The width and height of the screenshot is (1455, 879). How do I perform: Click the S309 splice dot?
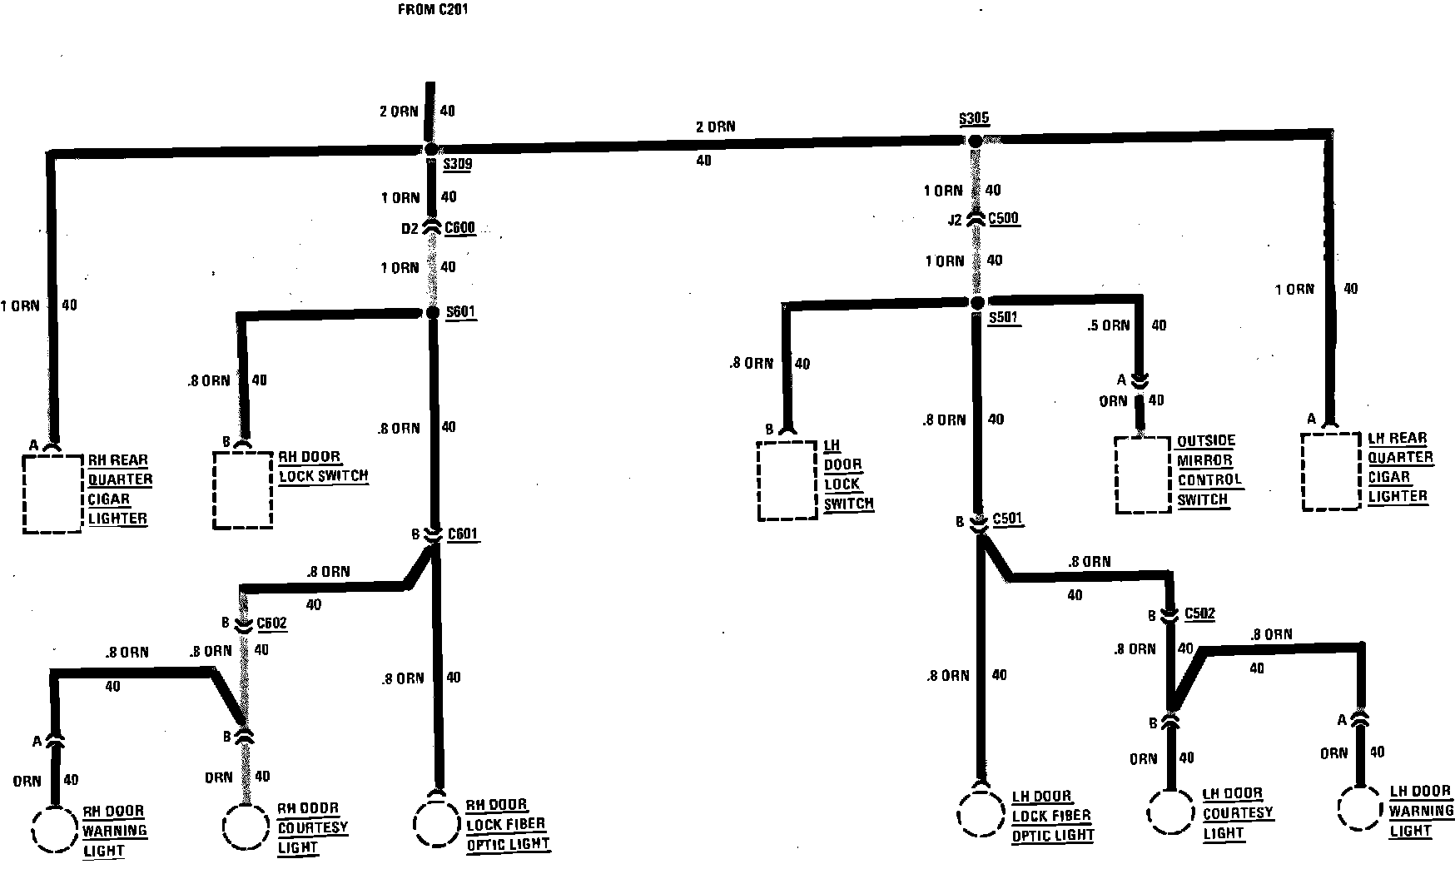[430, 149]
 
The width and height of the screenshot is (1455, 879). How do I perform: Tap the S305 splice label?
[974, 118]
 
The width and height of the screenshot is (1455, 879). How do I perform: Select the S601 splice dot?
[432, 312]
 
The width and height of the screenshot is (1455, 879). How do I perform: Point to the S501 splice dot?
[978, 302]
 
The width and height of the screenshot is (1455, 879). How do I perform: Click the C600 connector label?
[459, 227]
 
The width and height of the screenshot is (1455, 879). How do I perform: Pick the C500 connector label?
[1003, 219]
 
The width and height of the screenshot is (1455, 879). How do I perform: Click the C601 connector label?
[462, 534]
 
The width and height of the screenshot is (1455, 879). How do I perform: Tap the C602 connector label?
[271, 623]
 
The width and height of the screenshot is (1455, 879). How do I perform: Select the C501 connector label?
[1008, 519]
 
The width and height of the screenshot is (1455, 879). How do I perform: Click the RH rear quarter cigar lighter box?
[52, 493]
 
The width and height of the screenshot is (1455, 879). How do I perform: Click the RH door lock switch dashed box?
[242, 489]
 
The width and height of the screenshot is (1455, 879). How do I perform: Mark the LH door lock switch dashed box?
[787, 480]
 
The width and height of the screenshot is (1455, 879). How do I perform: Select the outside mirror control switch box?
[1144, 474]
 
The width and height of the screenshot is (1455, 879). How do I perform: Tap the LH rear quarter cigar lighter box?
[1331, 470]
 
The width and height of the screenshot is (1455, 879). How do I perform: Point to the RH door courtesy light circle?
[246, 827]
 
